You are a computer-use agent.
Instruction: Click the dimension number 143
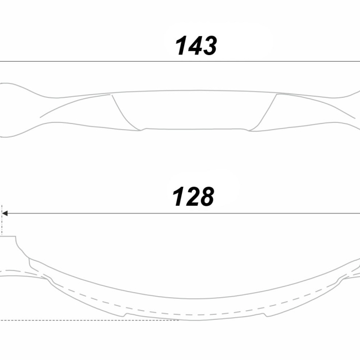[196, 45]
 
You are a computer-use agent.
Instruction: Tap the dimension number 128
[193, 196]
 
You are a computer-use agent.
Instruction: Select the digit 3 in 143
[208, 46]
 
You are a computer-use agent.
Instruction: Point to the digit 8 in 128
[206, 196]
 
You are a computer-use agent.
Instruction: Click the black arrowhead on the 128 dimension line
[5, 213]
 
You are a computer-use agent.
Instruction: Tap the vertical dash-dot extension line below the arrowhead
[2, 221]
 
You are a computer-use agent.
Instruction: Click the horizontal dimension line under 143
[180, 62]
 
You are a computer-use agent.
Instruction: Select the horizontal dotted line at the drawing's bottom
[89, 320]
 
